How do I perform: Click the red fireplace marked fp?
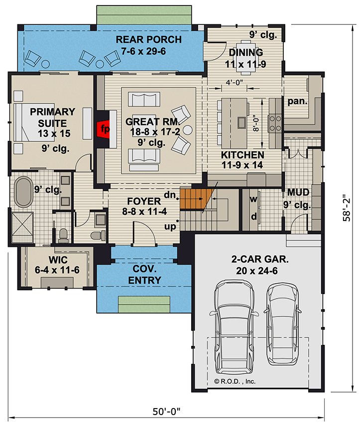pos(103,128)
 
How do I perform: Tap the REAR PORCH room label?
pos(148,45)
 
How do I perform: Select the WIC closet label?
pos(58,265)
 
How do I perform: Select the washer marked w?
pos(253,199)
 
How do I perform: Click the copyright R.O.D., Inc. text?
pos(235,381)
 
